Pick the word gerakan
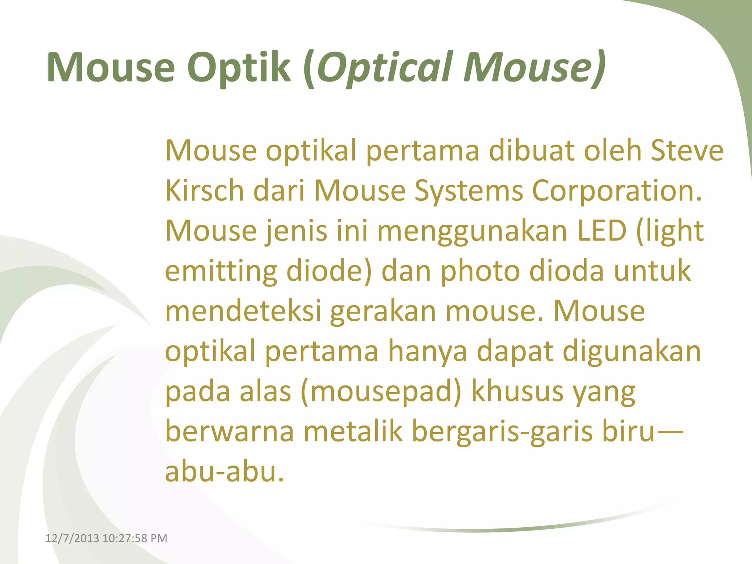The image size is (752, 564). tap(383, 311)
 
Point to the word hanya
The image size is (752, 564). tap(427, 351)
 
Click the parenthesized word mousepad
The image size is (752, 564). tap(380, 391)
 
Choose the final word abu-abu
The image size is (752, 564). tap(224, 471)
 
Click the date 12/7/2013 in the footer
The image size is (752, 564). tap(72, 538)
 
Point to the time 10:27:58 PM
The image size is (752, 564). tap(135, 538)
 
